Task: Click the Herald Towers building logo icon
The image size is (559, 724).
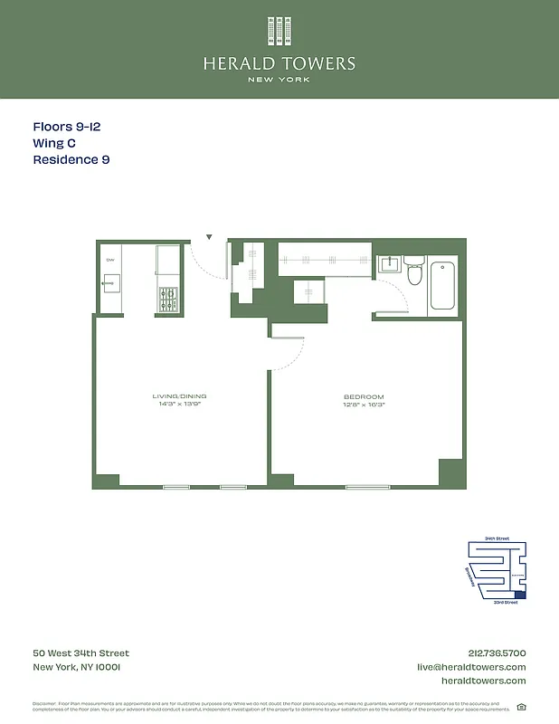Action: click(x=279, y=31)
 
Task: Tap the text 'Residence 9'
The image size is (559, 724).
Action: click(x=71, y=159)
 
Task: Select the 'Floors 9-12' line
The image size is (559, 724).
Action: click(x=66, y=128)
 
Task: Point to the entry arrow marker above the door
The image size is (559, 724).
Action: click(x=209, y=237)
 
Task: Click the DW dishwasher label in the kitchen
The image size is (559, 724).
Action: click(x=110, y=260)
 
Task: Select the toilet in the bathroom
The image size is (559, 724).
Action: click(x=414, y=270)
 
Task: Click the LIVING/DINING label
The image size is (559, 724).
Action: click(x=179, y=396)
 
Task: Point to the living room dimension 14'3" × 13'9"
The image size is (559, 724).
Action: click(x=179, y=405)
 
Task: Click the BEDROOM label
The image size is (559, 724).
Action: click(x=364, y=396)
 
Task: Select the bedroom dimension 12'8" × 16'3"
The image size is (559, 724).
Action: click(x=364, y=405)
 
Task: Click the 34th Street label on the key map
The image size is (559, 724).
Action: click(x=497, y=538)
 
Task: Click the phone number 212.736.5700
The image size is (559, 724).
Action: click(x=492, y=653)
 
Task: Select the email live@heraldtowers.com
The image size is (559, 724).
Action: click(x=470, y=667)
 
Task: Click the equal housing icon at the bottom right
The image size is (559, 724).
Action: click(x=521, y=707)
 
